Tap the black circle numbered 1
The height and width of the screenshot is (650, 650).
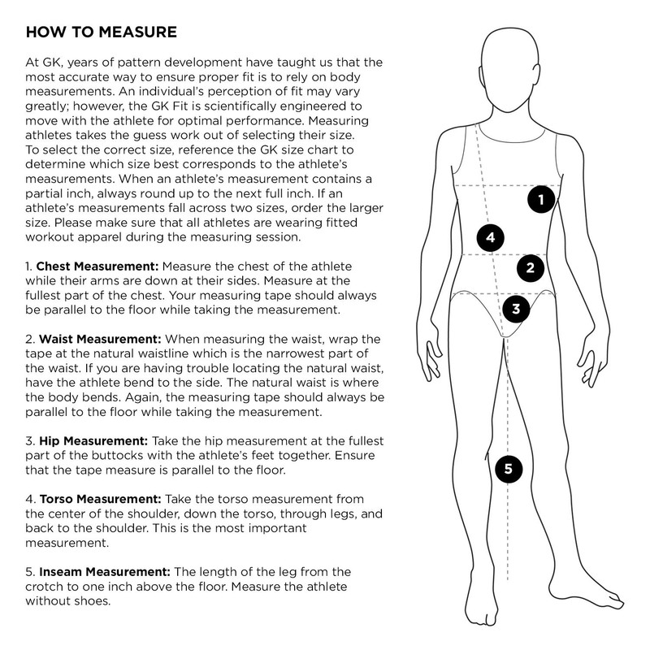541,198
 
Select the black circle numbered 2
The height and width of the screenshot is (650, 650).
530,266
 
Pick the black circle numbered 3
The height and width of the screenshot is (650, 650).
516,308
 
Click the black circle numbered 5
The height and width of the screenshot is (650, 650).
508,468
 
